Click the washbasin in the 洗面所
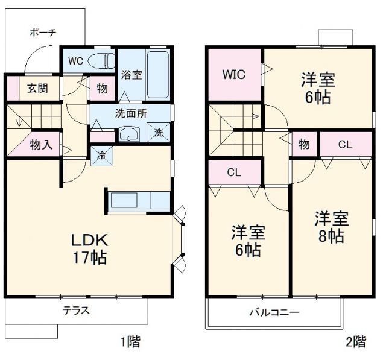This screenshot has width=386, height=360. tap(128, 134)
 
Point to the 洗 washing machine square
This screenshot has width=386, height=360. tap(159, 133)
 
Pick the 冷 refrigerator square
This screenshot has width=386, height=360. tap(100, 155)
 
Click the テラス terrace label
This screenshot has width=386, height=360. tap(76, 311)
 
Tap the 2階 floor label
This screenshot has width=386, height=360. tap(355, 342)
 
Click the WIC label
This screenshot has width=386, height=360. tap(233, 75)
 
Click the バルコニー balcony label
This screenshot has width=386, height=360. tap(274, 313)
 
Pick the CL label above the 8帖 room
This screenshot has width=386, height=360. tap(345, 144)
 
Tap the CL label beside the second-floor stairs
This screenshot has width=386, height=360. tap(235, 172)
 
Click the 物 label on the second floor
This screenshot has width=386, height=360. tap(304, 144)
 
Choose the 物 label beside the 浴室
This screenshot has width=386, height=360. tap(102, 89)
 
